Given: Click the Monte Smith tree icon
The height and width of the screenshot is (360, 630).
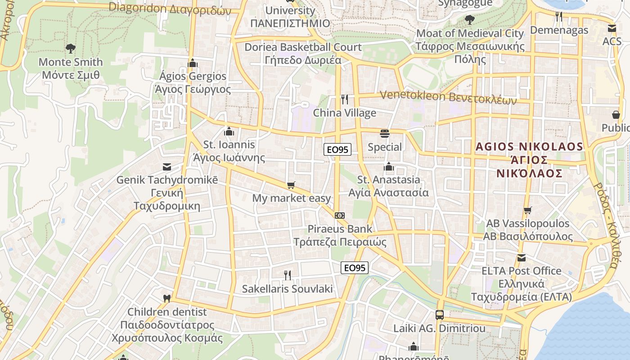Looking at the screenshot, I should click(x=70, y=48).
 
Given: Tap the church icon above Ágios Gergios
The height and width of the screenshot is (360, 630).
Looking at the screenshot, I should click(x=193, y=63).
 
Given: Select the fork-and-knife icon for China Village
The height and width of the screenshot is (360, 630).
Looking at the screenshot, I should click(x=345, y=99).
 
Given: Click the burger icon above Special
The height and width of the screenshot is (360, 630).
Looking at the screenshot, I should click(x=385, y=133).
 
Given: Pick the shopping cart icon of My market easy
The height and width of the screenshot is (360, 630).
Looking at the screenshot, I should click(x=291, y=185).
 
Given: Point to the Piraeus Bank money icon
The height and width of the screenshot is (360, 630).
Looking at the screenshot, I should click(x=340, y=216).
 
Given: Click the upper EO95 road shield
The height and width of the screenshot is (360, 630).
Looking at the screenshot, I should click(x=337, y=149).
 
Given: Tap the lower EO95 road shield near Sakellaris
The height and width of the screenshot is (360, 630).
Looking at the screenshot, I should click(x=354, y=268).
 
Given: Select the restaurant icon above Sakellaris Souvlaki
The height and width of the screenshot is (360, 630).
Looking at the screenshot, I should click(x=287, y=275).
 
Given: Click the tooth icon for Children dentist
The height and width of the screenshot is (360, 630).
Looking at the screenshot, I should click(x=166, y=298).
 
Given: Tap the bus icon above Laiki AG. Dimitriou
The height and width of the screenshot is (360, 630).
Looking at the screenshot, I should click(x=440, y=315).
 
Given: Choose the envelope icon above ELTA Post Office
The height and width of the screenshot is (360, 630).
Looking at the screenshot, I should click(x=521, y=258).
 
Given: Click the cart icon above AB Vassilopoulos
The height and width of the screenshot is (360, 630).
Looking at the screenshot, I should click(x=528, y=210).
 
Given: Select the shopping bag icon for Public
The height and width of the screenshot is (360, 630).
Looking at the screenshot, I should click(x=616, y=115).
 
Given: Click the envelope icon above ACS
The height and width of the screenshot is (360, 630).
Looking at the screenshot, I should click(x=612, y=28).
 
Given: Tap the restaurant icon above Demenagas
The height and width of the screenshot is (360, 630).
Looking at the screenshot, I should click(x=559, y=17).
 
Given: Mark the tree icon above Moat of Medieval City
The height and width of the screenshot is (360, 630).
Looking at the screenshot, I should click(x=470, y=20).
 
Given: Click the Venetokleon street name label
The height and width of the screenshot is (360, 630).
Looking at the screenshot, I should click(x=448, y=97).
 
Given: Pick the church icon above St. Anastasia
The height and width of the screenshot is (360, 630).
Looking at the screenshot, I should click(x=389, y=167).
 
